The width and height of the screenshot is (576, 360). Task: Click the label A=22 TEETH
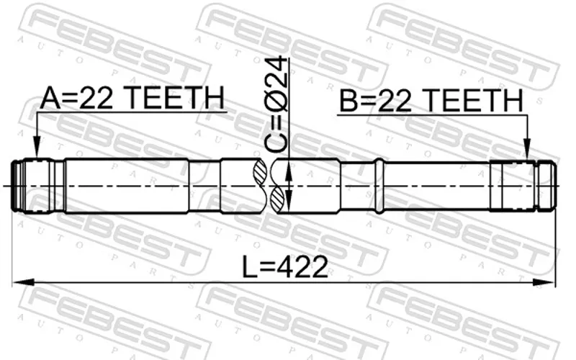pos(132,98)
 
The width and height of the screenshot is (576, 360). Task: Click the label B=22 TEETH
pos(431,101)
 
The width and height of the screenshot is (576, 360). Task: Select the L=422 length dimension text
pos(284,266)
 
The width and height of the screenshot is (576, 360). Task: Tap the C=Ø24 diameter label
pos(276,104)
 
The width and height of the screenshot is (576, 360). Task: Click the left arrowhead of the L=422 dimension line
pos(23,282)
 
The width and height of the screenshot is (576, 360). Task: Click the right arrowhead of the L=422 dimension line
pos(544,282)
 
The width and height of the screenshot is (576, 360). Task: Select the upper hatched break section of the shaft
pos(260,172)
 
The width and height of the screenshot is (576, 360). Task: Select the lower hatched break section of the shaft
pos(276,200)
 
